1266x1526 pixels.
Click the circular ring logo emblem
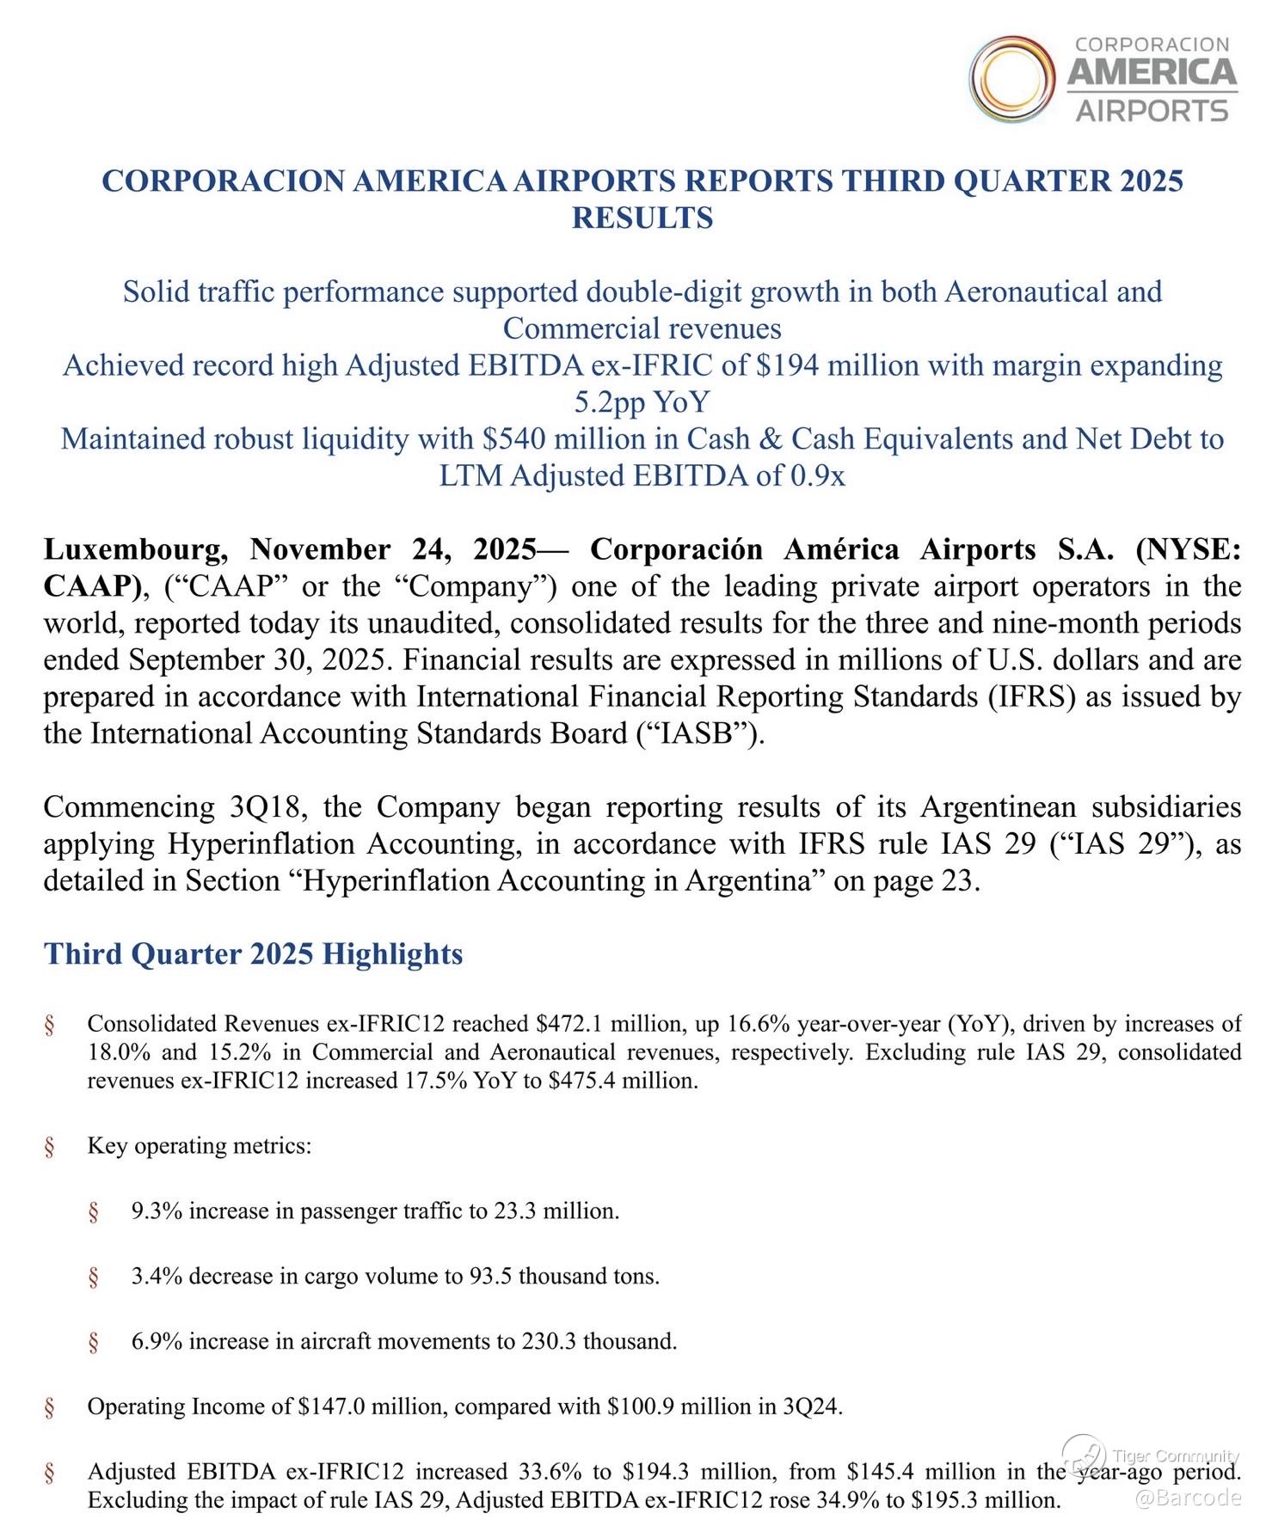pos(1012,79)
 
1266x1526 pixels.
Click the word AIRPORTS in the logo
pos(1152,111)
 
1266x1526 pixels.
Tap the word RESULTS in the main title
pos(642,218)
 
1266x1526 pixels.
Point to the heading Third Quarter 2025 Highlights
pos(253,953)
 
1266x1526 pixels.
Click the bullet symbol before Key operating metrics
pos(50,1146)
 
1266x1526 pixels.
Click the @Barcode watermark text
pos(1189,1498)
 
